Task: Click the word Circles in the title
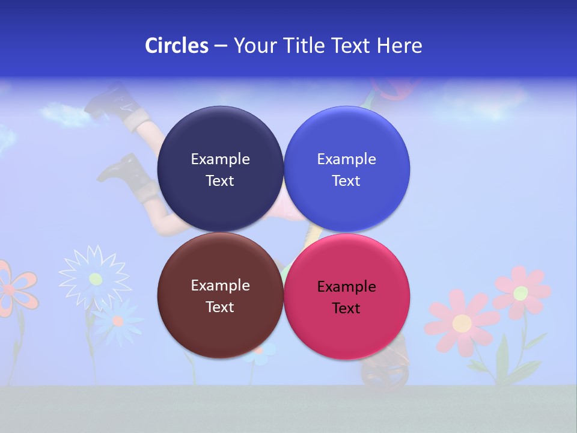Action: pos(176,45)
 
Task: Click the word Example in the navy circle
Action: pos(220,159)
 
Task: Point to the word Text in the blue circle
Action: pos(346,181)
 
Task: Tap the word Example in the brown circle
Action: pos(220,286)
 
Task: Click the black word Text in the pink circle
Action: pos(346,309)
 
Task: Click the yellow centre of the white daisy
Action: pos(95,278)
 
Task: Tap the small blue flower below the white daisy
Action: pos(118,321)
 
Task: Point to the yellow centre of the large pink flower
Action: pos(462,323)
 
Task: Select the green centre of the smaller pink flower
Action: pos(521,293)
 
